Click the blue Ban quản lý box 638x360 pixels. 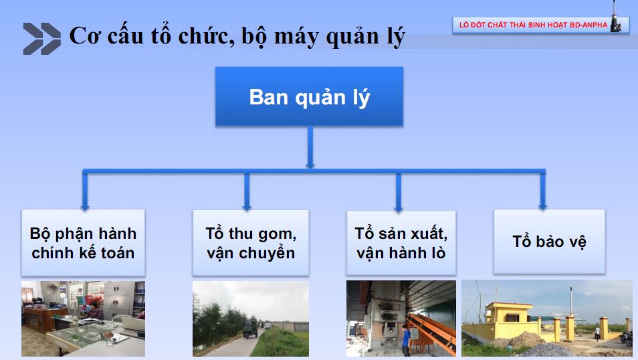click(309, 96)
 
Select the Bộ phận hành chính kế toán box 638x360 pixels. click(83, 243)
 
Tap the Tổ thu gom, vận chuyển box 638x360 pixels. click(251, 243)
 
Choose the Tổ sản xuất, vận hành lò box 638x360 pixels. click(401, 243)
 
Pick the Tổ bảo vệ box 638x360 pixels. click(549, 242)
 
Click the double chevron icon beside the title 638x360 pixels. click(42, 39)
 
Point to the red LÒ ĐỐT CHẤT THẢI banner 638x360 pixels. click(540, 25)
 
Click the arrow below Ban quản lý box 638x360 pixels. click(310, 147)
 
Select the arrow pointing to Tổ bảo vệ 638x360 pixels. click(542, 191)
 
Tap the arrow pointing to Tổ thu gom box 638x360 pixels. click(247, 191)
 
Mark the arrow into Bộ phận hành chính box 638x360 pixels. click(85, 191)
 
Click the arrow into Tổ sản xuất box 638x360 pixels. click(399, 192)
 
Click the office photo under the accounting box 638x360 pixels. click(83, 319)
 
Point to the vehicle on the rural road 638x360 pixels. click(250, 329)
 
